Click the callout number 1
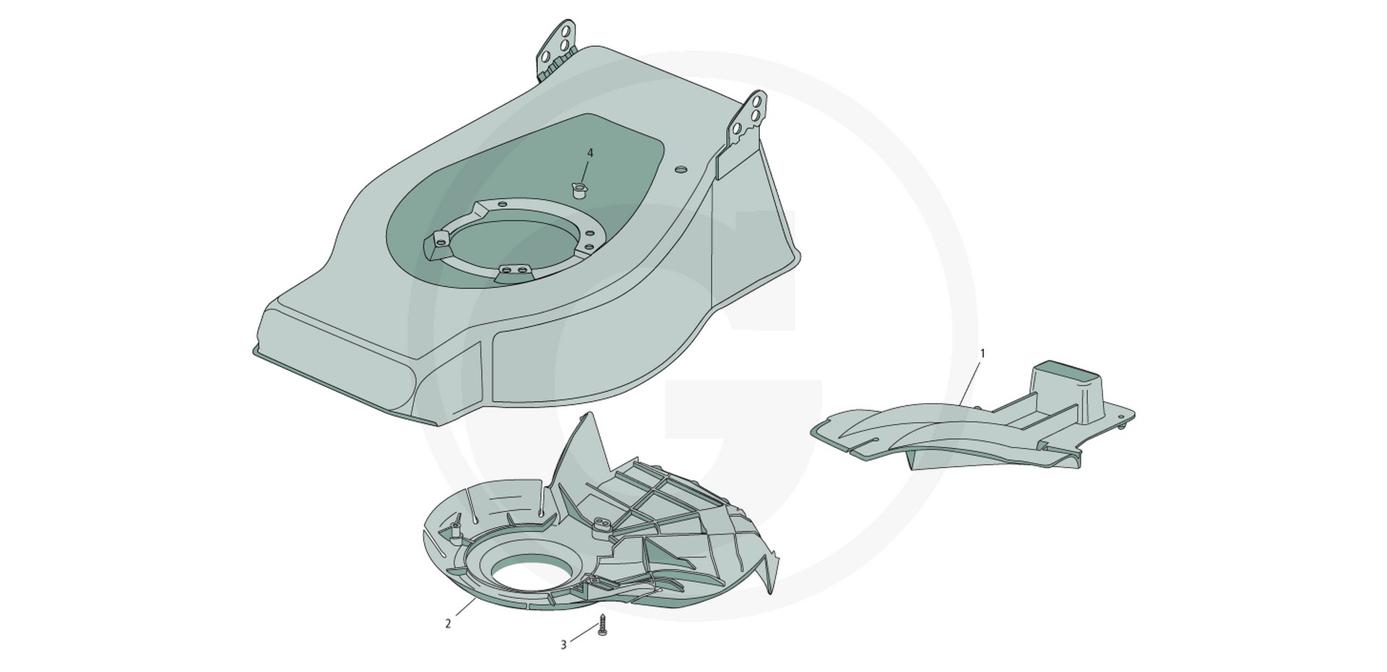982,353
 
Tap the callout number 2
448,624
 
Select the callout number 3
563,645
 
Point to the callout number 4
590,153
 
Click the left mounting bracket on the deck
557,47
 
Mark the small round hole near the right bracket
680,168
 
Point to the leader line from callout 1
969,382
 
